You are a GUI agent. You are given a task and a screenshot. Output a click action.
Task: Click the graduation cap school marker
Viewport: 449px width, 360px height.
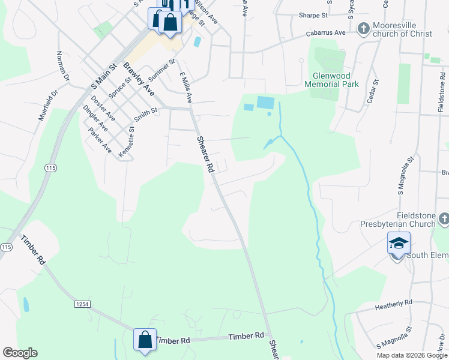399,244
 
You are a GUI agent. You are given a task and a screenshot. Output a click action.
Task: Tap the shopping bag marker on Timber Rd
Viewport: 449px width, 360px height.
145,340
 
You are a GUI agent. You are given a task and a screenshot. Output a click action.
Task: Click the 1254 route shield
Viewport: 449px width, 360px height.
82,304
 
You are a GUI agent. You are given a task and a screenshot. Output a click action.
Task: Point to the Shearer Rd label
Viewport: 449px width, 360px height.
205,155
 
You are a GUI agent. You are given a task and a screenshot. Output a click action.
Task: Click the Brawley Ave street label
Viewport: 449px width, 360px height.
139,79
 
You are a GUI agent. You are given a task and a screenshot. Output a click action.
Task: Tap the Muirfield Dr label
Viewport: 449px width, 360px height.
48,106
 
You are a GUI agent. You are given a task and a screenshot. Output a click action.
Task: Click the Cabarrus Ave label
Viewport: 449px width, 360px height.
326,34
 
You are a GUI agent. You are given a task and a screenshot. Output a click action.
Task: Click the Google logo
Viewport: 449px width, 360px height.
20,353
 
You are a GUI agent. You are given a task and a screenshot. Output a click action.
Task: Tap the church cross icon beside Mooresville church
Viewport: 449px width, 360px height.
363,28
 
